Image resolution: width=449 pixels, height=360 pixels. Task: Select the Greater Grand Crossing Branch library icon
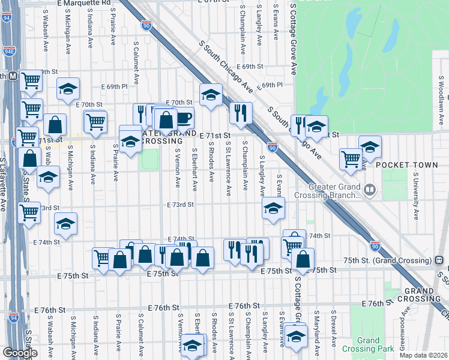[370, 191]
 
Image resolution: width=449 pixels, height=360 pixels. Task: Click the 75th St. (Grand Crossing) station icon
[439, 260]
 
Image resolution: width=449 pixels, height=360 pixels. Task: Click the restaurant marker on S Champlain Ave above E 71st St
[240, 112]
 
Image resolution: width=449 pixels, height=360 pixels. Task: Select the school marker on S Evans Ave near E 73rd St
[273, 209]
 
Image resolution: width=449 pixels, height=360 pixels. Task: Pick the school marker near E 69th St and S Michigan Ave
[68, 89]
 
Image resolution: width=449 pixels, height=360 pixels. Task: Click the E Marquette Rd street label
[84, 3]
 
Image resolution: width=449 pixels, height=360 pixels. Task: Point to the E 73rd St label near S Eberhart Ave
[181, 205]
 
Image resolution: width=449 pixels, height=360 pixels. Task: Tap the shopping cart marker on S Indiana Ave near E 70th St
[95, 122]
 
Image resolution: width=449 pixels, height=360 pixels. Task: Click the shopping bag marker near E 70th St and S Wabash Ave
[55, 125]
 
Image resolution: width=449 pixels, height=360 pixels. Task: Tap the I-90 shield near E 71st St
[273, 147]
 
